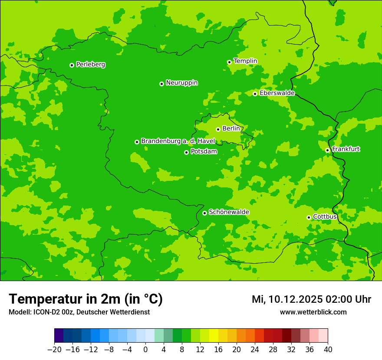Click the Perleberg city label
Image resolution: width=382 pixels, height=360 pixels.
[90, 65]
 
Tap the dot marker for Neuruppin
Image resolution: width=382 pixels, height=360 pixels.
[161, 84]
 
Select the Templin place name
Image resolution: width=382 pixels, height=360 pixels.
[245, 61]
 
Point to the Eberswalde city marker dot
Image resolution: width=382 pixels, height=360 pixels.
[255, 94]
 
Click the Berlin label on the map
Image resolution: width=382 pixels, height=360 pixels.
[231, 128]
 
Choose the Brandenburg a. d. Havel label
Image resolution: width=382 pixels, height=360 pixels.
[178, 141]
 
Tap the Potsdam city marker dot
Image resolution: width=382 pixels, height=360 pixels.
[186, 152]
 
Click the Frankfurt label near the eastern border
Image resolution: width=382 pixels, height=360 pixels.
[346, 149]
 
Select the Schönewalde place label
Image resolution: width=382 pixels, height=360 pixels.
[229, 212]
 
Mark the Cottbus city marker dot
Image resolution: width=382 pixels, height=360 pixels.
[309, 217]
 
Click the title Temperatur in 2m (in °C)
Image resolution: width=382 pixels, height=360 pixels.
[86, 299]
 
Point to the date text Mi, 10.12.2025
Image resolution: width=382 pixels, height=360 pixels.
[286, 299]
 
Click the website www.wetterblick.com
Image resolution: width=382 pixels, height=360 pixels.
[313, 312]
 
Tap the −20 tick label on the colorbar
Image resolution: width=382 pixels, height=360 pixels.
[54, 350]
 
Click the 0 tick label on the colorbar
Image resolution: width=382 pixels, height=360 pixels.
[145, 350]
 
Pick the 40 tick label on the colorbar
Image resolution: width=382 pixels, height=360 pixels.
[328, 350]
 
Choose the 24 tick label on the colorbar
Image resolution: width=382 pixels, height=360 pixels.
[255, 350]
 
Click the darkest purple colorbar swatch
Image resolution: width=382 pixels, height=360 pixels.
[59, 336]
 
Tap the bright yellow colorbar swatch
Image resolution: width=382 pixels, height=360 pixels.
[214, 336]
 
